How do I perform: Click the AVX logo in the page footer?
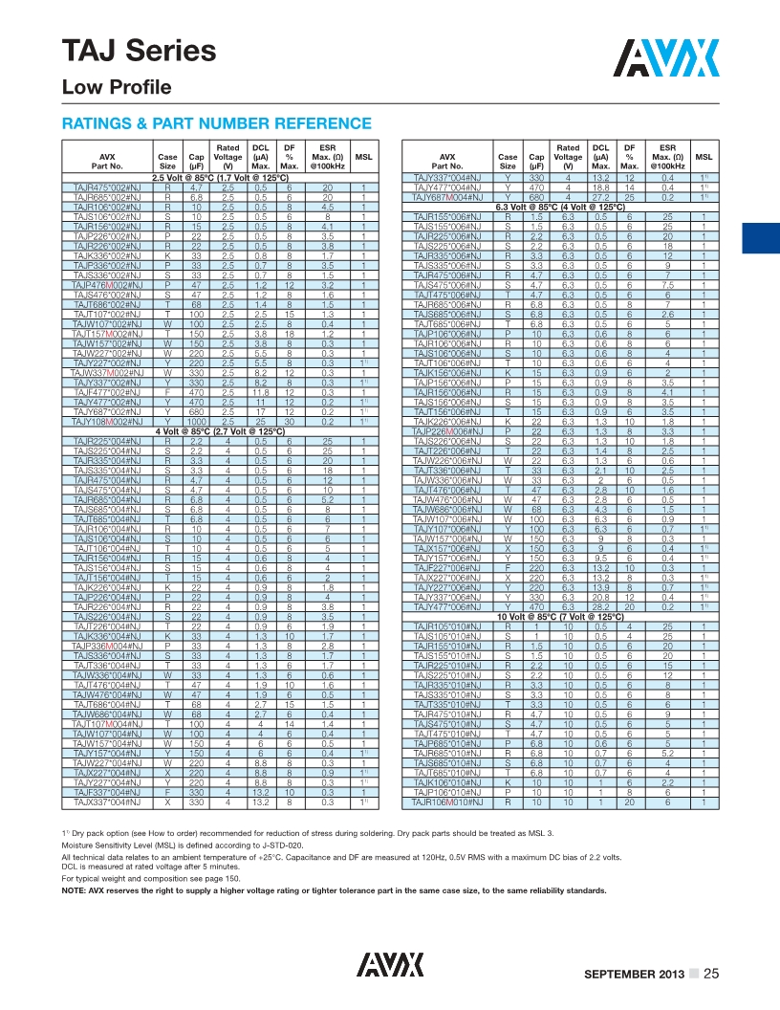tap(389, 963)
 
